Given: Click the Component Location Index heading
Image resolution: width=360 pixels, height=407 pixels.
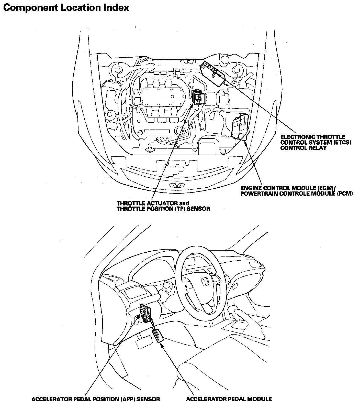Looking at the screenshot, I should pyautogui.click(x=66, y=8).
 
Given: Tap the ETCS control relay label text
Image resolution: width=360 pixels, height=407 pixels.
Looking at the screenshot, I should pyautogui.click(x=316, y=142).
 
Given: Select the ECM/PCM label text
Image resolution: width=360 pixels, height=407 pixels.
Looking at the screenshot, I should pyautogui.click(x=296, y=191).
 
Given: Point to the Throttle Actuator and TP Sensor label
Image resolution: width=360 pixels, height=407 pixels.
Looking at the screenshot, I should pyautogui.click(x=163, y=206).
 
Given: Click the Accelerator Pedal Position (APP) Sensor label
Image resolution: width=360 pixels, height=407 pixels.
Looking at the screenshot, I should pyautogui.click(x=96, y=399).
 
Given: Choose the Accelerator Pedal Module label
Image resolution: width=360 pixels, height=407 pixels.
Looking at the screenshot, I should pyautogui.click(x=229, y=399).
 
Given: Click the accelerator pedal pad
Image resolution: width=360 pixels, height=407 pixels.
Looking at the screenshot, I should pyautogui.click(x=158, y=336).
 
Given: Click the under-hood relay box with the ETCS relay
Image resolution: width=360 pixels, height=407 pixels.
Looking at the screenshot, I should pyautogui.click(x=213, y=73).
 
